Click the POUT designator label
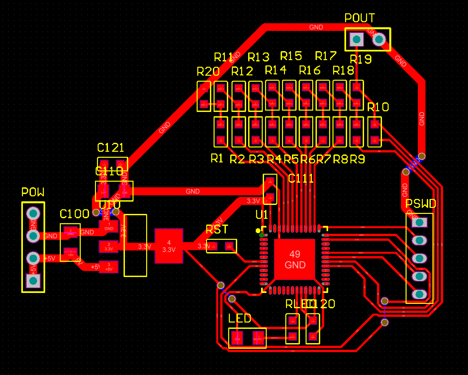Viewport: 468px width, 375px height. coord(359,18)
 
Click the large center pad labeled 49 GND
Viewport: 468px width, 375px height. coord(295,259)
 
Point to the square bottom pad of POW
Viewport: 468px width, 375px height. coord(33,281)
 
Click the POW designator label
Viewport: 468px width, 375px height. coord(33,192)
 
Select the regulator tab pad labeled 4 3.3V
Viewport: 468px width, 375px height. coord(169,246)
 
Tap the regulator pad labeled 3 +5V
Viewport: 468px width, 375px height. coord(109,267)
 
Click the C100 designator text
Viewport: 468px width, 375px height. coord(74,214)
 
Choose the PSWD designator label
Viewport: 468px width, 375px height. coord(421,204)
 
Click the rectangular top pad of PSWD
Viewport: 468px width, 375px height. coord(419,222)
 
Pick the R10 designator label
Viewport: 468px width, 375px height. coord(378,107)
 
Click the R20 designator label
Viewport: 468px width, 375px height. coord(208,72)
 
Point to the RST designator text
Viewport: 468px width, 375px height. coord(217,230)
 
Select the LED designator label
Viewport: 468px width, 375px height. coord(239,319)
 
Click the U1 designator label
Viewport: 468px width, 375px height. coord(262,215)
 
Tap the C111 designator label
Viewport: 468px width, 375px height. coord(301,179)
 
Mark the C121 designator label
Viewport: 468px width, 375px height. coord(110,148)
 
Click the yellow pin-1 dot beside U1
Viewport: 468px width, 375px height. coord(258,231)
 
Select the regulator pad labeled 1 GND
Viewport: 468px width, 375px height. coord(109,227)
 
